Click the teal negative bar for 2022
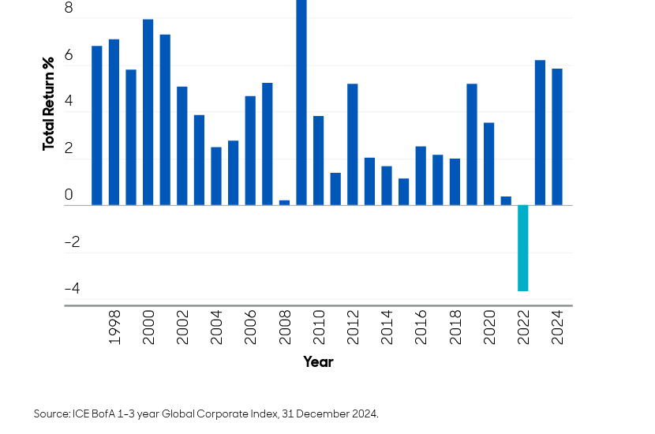522,248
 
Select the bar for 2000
148,112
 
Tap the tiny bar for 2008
284,203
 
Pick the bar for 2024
557,137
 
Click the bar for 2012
352,144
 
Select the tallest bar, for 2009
301,103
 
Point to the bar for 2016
421,175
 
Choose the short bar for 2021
506,200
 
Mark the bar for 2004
216,176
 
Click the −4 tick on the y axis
71,289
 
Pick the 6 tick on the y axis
69,56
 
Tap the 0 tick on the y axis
69,195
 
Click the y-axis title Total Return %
49,103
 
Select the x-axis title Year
318,362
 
